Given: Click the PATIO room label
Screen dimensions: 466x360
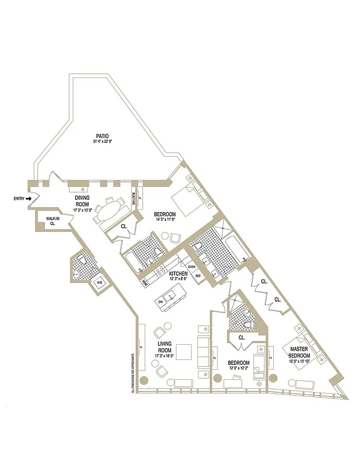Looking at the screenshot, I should point(103,136).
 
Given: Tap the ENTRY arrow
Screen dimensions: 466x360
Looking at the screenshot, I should point(28,199).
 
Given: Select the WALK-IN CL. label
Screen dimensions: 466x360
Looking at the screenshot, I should point(52,221).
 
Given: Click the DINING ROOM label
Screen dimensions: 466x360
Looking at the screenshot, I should point(82,201).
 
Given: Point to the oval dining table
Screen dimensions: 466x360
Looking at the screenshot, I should point(109,210).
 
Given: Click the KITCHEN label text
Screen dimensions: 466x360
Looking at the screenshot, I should point(178,273).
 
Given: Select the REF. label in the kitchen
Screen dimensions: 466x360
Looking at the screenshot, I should point(198,276).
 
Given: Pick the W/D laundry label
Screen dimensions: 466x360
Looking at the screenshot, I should point(100,283).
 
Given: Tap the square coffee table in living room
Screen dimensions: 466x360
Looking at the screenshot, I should point(184,352).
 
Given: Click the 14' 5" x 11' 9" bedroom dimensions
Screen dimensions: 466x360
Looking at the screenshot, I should point(165,220).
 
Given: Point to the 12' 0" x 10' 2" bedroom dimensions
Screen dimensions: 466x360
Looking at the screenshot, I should point(239,368).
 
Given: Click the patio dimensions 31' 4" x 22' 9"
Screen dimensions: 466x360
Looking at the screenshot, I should point(103,142).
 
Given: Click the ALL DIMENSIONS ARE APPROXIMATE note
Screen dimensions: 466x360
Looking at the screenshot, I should point(133,373).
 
